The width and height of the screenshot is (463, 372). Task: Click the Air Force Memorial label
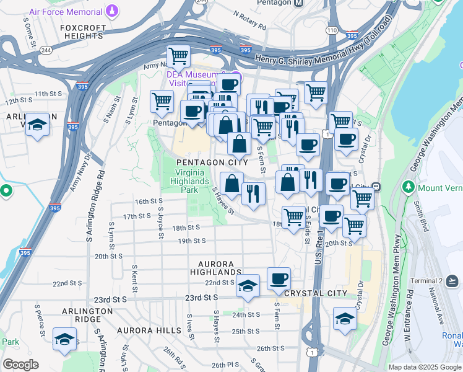(x=65, y=11)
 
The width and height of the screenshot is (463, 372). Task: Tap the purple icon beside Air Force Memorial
(x=111, y=10)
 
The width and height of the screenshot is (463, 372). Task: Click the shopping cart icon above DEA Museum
(x=178, y=56)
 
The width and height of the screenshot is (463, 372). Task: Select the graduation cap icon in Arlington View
(x=37, y=123)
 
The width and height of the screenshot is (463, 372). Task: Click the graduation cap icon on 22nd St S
(x=248, y=285)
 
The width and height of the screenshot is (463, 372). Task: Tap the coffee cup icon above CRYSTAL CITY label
(x=279, y=278)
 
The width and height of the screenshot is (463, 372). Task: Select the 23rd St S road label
(x=201, y=298)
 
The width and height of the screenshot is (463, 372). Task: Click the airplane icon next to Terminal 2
(x=452, y=281)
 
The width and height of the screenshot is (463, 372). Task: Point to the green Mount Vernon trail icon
(x=408, y=186)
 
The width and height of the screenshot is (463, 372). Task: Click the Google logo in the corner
(x=20, y=365)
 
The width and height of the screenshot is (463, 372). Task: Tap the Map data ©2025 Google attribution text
(x=425, y=367)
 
